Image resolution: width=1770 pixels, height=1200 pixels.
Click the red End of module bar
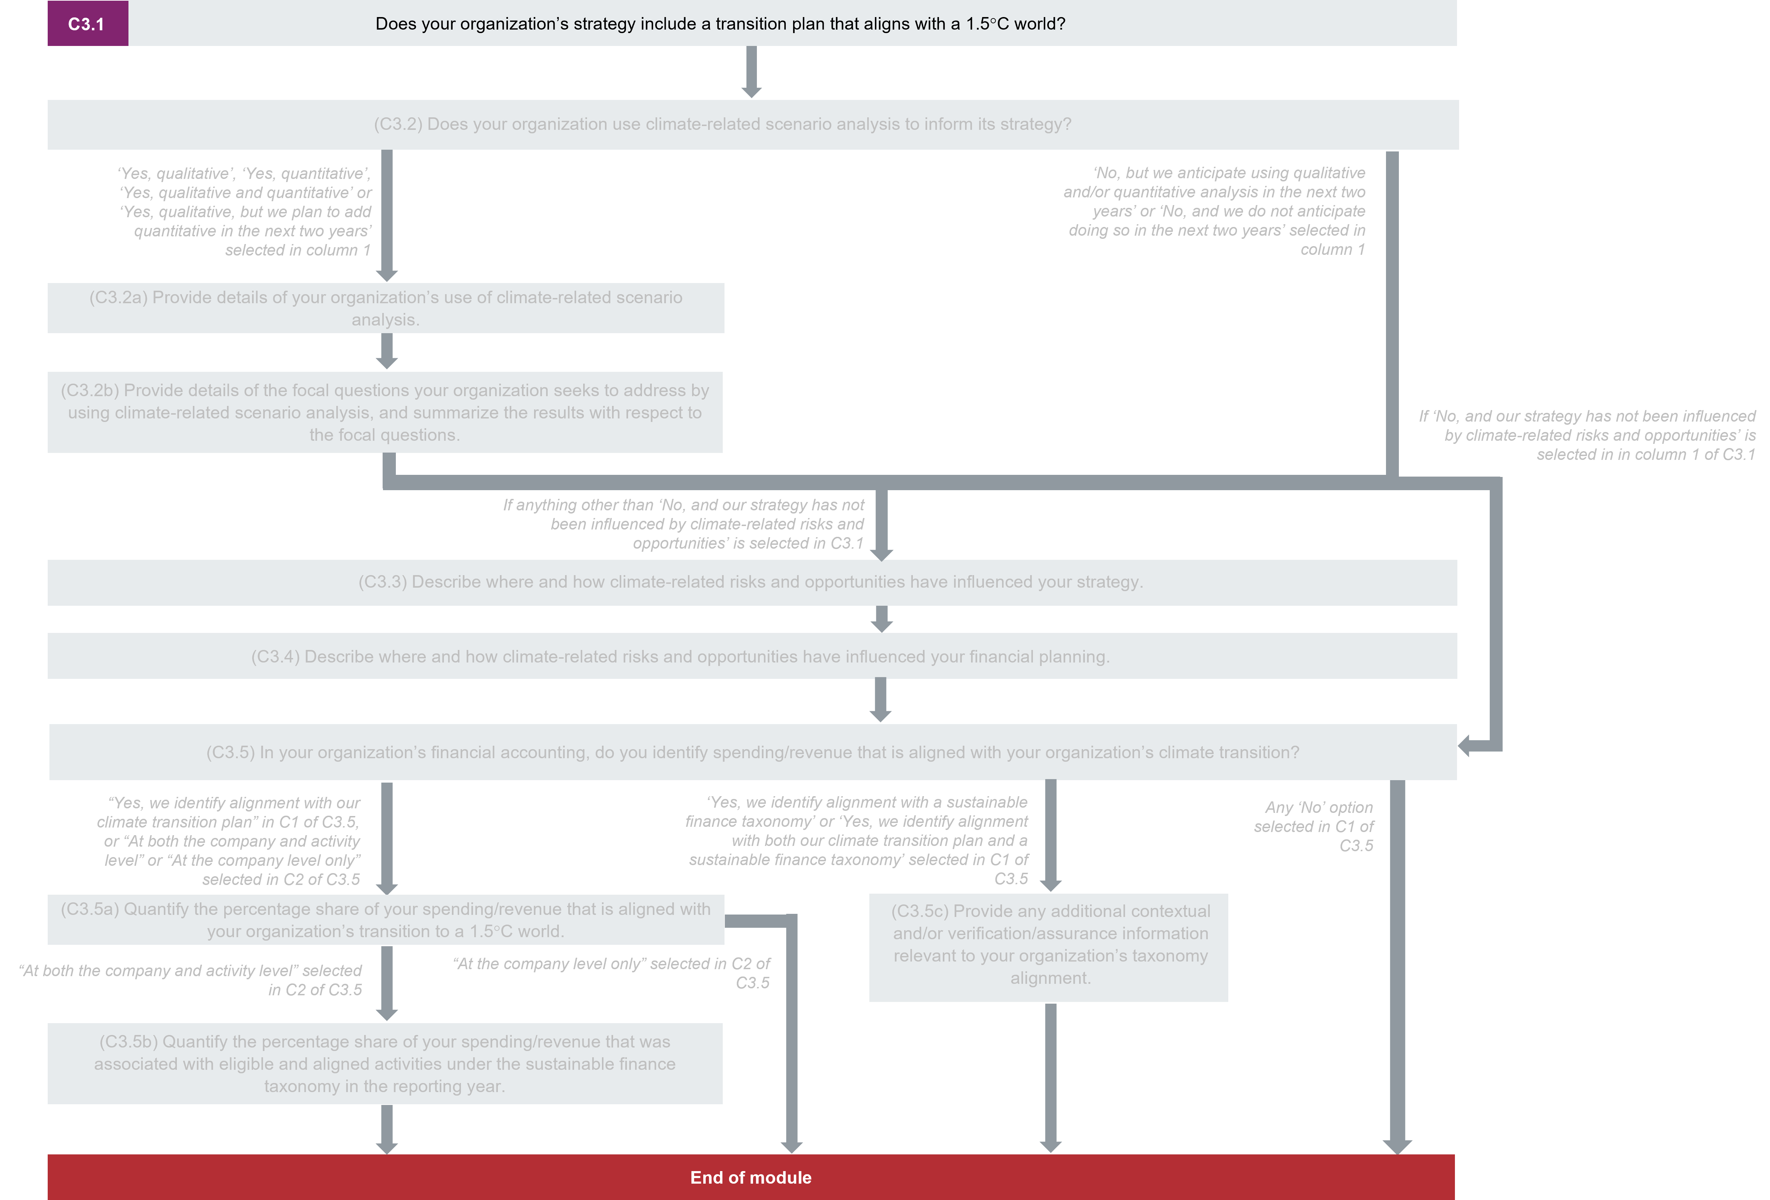point(751,1177)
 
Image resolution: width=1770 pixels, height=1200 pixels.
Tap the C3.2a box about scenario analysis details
point(385,308)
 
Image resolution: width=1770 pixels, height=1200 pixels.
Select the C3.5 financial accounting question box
point(752,752)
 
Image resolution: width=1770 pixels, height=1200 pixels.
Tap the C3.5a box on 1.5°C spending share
point(385,920)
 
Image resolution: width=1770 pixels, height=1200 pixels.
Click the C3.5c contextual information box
point(1049,947)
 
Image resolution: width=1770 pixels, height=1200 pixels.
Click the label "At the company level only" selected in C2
point(612,973)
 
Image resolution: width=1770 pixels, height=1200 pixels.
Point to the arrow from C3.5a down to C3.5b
point(387,982)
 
